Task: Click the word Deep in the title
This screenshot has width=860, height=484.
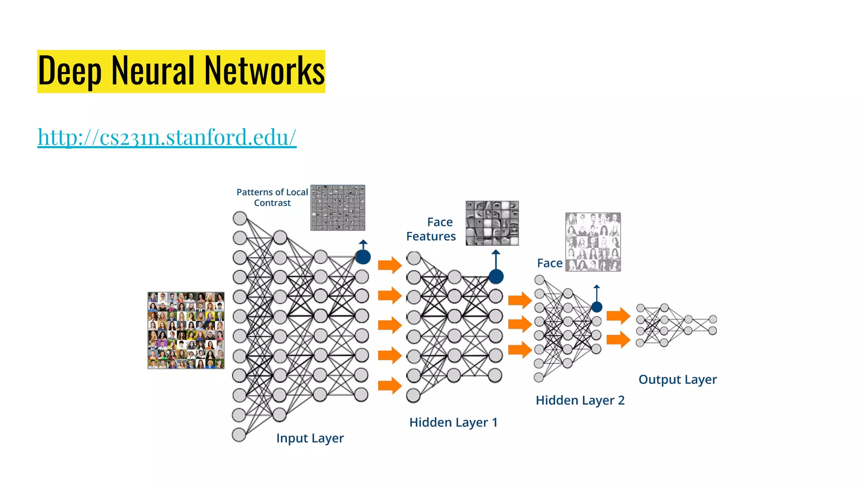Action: click(x=70, y=71)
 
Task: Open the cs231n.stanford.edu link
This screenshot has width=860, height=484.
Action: click(x=167, y=137)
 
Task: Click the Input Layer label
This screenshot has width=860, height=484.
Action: click(x=310, y=438)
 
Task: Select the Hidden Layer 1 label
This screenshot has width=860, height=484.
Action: click(x=454, y=422)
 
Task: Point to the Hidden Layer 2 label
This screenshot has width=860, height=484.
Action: click(x=580, y=400)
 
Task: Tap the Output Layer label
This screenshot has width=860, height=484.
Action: click(x=677, y=379)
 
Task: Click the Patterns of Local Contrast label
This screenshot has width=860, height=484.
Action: click(x=272, y=197)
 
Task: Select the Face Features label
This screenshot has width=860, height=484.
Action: click(x=431, y=229)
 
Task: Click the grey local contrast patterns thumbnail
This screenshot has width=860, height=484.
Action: click(x=338, y=208)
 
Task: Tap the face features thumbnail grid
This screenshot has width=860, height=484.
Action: click(x=492, y=223)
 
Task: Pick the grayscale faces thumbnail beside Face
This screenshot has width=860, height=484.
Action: click(x=593, y=242)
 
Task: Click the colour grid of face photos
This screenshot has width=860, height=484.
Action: click(x=186, y=330)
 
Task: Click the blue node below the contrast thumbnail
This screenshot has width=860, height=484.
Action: click(x=363, y=257)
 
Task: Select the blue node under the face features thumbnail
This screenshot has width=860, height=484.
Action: click(x=496, y=276)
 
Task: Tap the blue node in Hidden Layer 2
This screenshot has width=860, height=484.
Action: click(x=597, y=307)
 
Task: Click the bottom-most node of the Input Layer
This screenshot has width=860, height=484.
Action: click(x=239, y=435)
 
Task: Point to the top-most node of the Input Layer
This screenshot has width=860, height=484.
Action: click(x=240, y=218)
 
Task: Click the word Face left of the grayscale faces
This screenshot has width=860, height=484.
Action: click(x=550, y=263)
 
